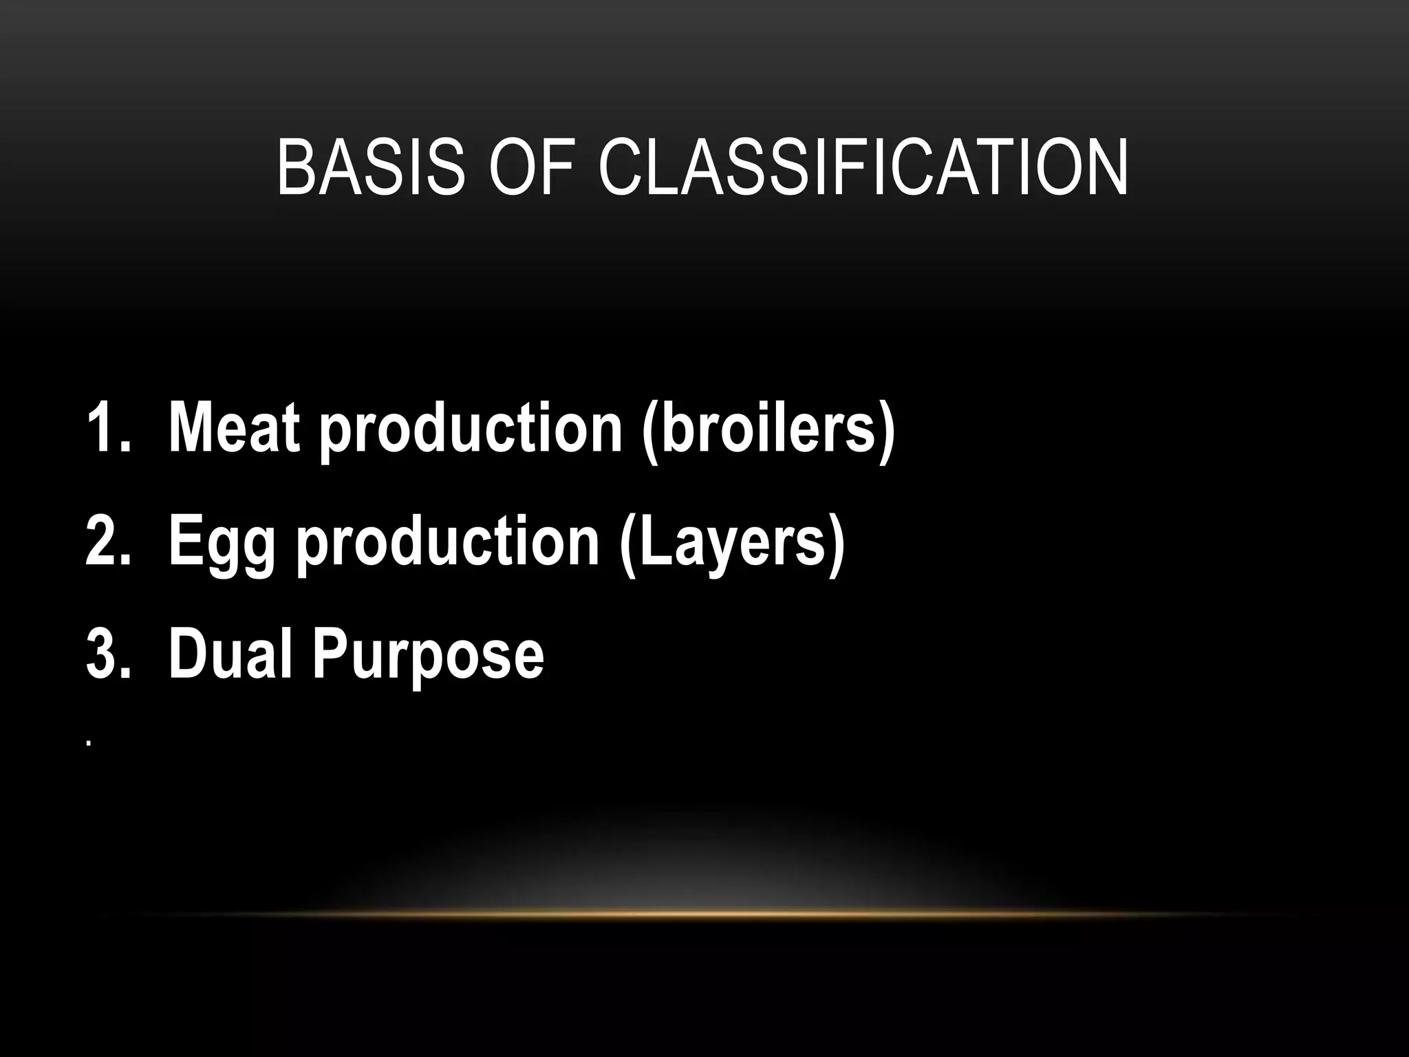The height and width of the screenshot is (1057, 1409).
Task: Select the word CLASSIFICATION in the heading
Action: pyautogui.click(x=863, y=167)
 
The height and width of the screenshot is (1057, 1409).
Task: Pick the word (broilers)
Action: pyautogui.click(x=768, y=428)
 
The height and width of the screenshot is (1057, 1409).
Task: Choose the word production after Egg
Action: pyautogui.click(x=448, y=542)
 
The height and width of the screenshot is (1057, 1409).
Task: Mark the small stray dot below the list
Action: pyautogui.click(x=89, y=743)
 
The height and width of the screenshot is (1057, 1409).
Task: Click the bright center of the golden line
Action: pyautogui.click(x=709, y=914)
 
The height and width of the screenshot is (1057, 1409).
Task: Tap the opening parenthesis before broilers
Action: pyautogui.click(x=649, y=428)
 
